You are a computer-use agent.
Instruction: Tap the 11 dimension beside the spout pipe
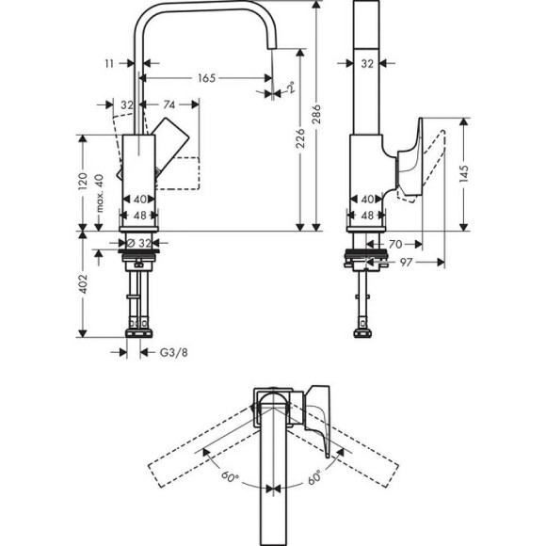click(x=111, y=63)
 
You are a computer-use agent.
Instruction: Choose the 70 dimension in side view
click(x=395, y=244)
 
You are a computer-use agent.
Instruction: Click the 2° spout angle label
click(x=292, y=89)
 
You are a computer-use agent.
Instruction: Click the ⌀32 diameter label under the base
click(x=141, y=243)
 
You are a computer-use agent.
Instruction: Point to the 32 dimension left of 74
click(x=126, y=105)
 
